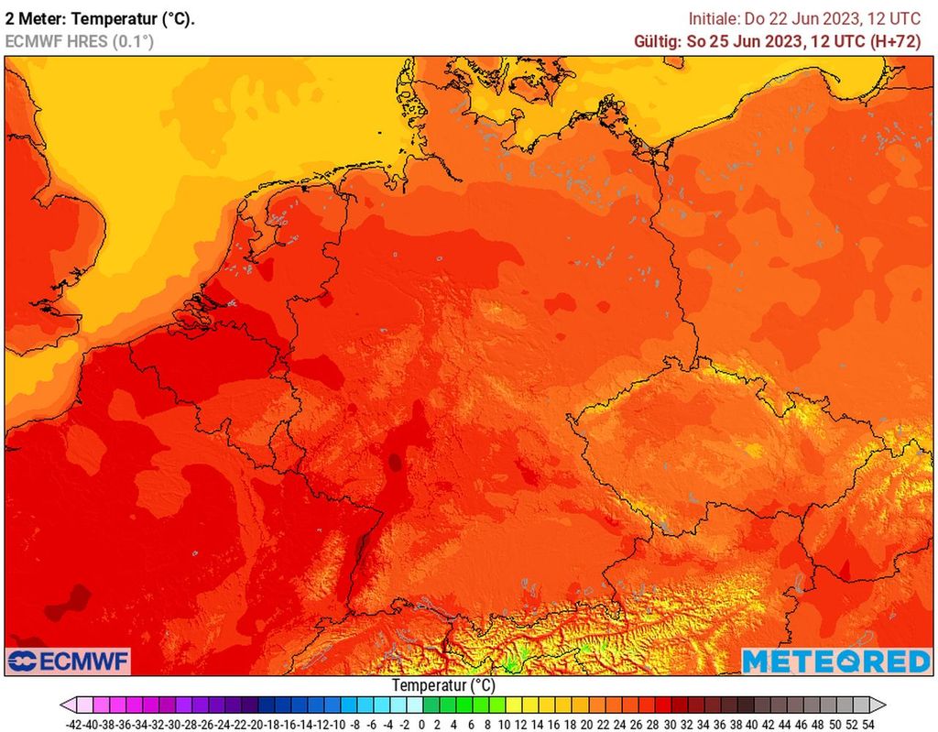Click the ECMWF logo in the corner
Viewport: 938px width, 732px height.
tap(68, 661)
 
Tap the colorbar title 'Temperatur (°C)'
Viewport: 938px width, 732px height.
tap(443, 684)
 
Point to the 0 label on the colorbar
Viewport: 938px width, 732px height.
tap(420, 724)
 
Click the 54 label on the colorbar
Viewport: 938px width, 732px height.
tap(867, 724)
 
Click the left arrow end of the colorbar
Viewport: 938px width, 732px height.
tap(67, 705)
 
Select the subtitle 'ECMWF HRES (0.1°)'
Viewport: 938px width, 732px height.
tap(79, 41)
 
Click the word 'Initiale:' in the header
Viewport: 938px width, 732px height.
tap(715, 18)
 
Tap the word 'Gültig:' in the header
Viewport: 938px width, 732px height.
tap(657, 41)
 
